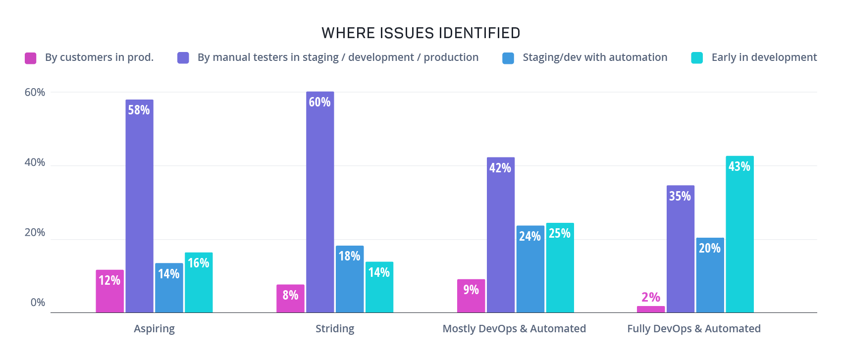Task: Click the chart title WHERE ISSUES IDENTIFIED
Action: pos(421,33)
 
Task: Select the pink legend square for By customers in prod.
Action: pos(31,58)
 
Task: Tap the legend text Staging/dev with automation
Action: pos(594,57)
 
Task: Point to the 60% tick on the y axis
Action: pos(35,92)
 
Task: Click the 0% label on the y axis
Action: pos(38,303)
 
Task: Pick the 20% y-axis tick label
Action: pos(35,233)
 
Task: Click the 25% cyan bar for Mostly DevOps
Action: pos(560,267)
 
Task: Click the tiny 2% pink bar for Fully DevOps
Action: pos(651,309)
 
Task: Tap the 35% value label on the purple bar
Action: pos(680,196)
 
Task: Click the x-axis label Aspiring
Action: pos(154,329)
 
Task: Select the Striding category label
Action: pos(335,329)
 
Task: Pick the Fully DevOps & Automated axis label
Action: pos(693,329)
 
